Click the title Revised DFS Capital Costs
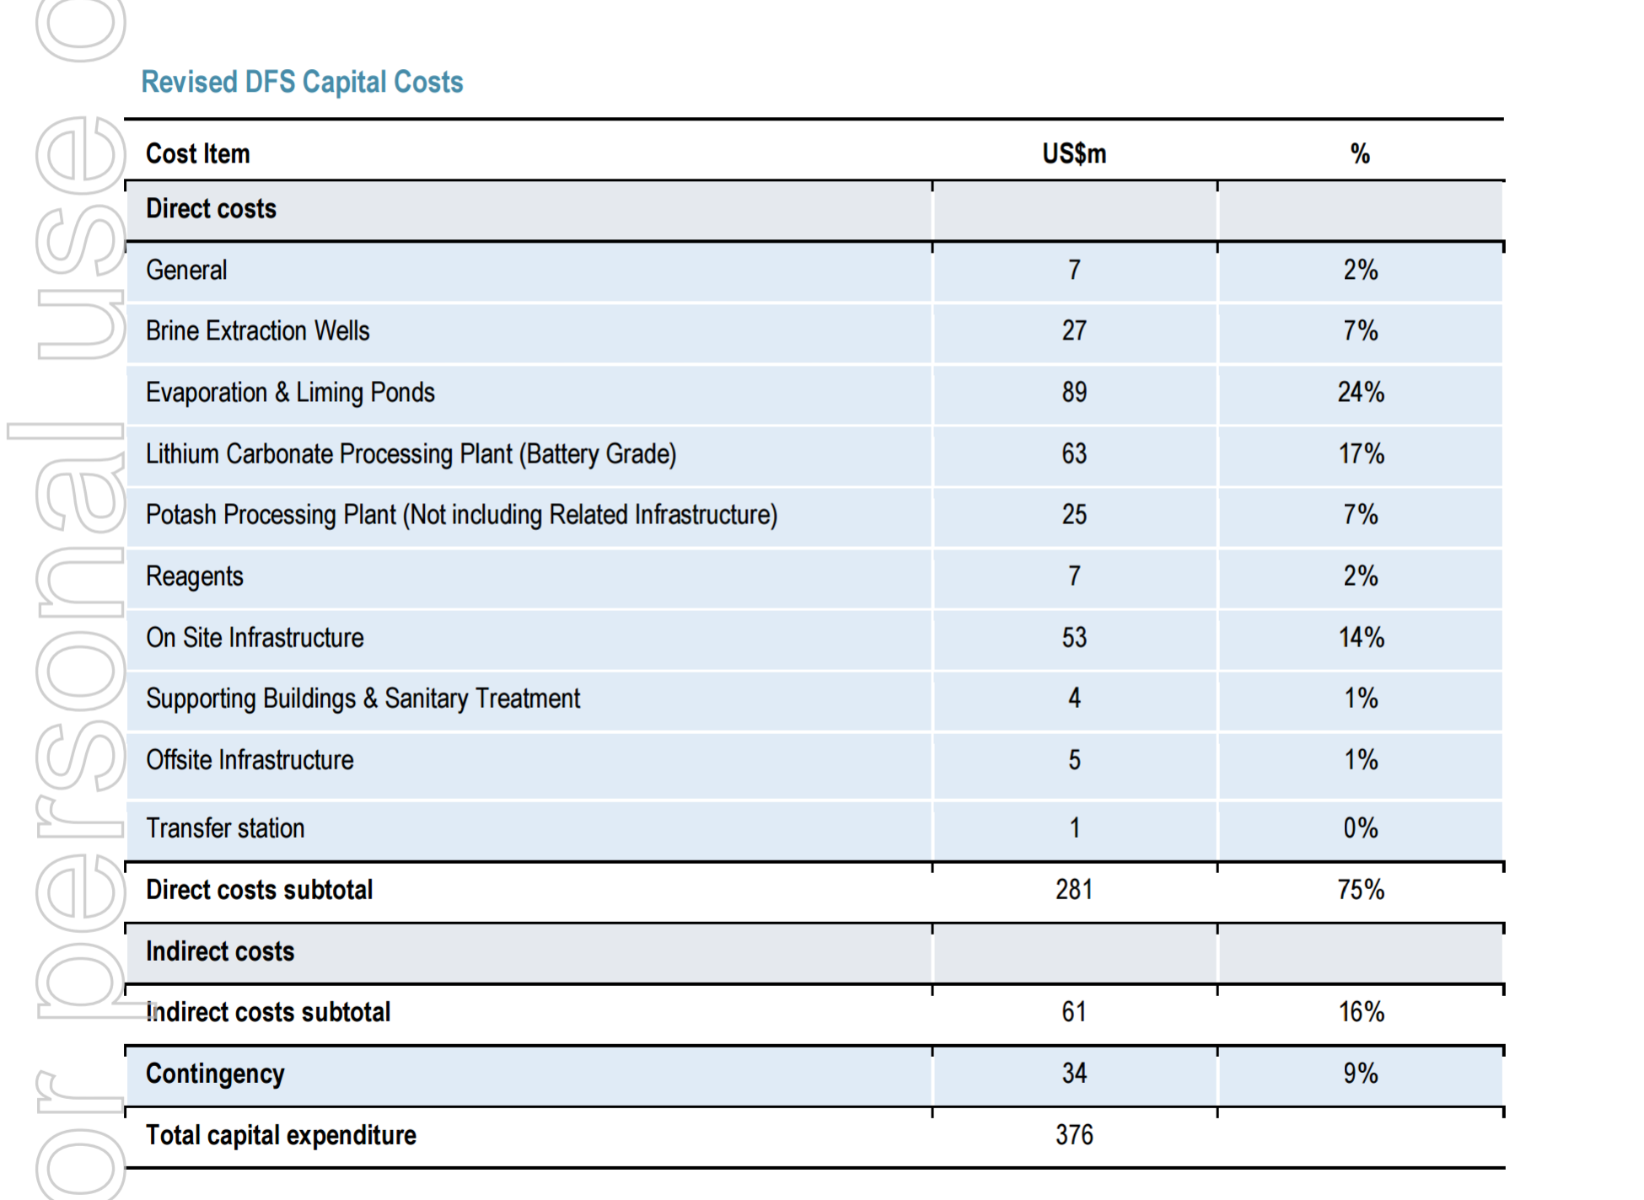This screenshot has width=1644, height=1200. pos(302,82)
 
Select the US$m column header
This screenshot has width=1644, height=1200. pos(1074,153)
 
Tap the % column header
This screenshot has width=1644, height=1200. pos(1360,153)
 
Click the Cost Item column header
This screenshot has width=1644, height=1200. pos(198,153)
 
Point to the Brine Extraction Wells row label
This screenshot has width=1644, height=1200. pos(258,330)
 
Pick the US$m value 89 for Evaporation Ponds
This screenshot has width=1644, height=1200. pos(1074,392)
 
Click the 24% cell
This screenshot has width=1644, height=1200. pos(1361,392)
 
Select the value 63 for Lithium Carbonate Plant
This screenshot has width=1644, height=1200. pos(1074,453)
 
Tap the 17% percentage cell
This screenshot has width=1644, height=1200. pos(1362,453)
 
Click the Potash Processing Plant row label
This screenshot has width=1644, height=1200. pos(462,515)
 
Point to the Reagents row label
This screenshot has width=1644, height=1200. pos(195,576)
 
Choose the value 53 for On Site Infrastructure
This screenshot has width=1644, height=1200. pos(1074,637)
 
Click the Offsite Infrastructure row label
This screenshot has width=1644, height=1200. pos(250,759)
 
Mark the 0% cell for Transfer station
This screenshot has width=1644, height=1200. pos(1361,828)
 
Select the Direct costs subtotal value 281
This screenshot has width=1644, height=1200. pos(1074,889)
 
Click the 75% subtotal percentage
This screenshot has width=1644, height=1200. pos(1361,889)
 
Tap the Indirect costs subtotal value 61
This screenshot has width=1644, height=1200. pos(1074,1011)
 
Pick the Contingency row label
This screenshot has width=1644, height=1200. pos(215,1074)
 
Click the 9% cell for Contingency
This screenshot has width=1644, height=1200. pos(1361,1073)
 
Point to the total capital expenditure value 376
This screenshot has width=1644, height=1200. pos(1074,1134)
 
